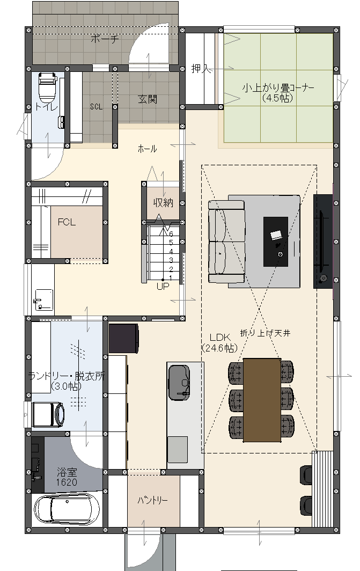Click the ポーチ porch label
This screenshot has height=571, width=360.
coord(105,39)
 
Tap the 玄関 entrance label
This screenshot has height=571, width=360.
coord(148,99)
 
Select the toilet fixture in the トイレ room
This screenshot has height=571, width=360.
coord(48,87)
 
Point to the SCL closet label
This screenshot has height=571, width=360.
coord(96,107)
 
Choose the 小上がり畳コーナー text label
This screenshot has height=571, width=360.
coord(278,88)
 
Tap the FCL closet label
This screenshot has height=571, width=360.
coord(67,222)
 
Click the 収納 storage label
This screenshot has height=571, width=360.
coord(163,202)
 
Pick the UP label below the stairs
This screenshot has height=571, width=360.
coord(163,286)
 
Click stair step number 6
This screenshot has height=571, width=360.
coord(171,234)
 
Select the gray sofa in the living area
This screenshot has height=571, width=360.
coord(226,241)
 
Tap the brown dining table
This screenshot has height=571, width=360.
coord(262,400)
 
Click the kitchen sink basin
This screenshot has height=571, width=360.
coord(179,382)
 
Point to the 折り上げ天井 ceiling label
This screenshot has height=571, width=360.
coord(265,333)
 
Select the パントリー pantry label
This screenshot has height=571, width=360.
coord(153,500)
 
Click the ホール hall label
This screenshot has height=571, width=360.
coord(148,149)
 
